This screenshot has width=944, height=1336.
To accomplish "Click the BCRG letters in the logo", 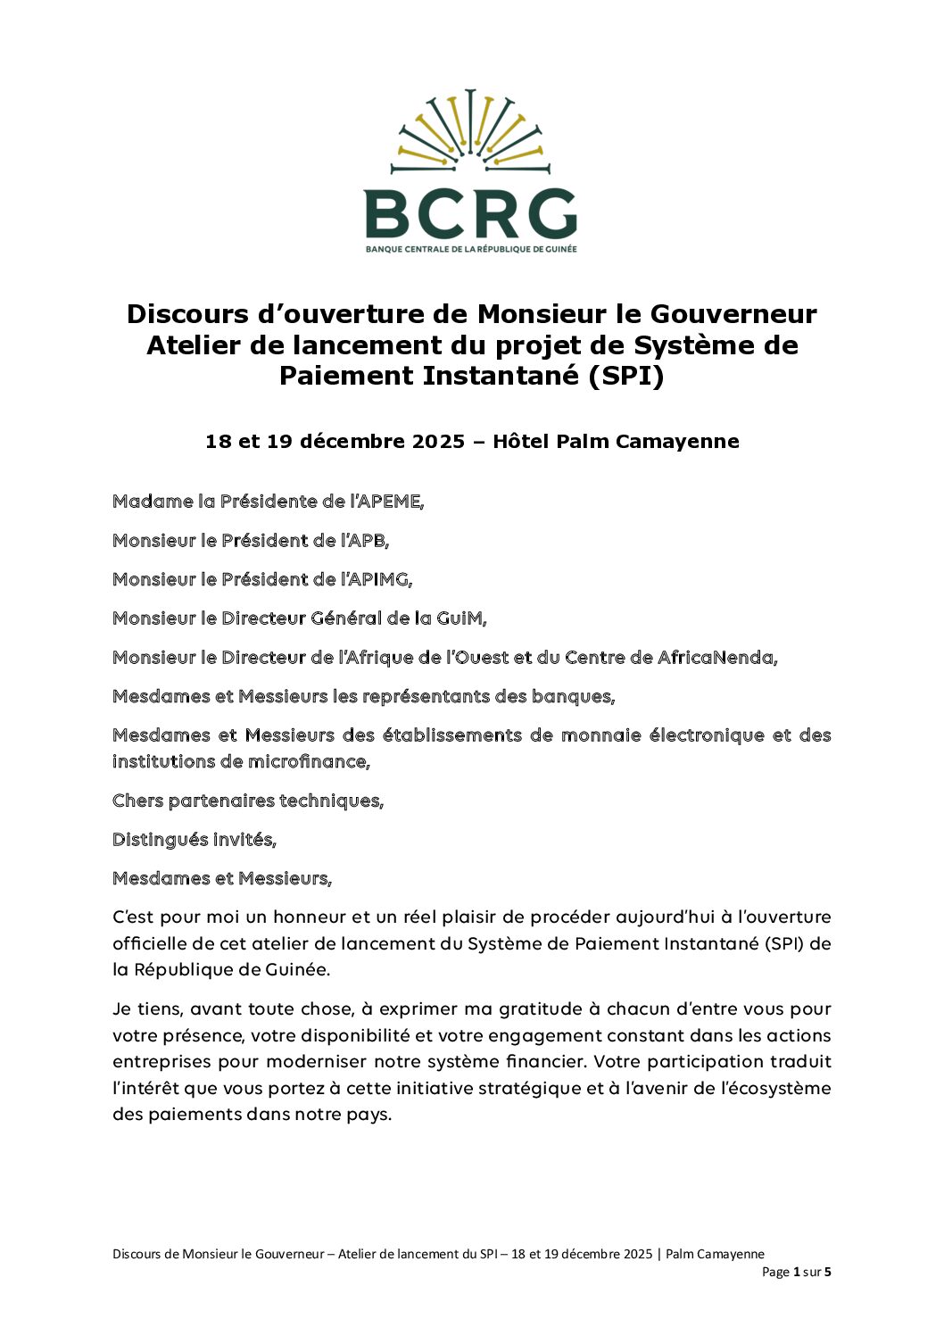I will [470, 213].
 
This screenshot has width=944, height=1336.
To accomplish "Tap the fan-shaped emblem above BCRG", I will [470, 129].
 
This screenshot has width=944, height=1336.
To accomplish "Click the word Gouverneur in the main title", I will [733, 314].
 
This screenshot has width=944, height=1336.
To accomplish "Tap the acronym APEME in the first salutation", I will [388, 502].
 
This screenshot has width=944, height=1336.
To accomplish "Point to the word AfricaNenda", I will [716, 658].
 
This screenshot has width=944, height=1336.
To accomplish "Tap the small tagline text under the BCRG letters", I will [470, 249].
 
